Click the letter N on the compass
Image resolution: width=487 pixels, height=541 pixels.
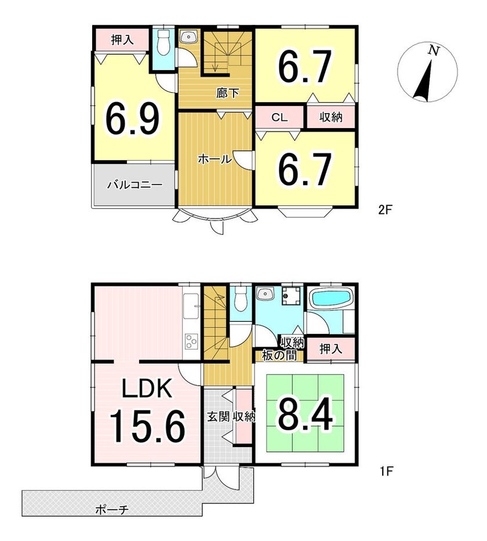click(434, 51)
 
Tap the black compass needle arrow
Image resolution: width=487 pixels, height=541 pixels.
click(424, 81)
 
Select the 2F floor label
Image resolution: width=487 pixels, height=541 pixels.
click(386, 210)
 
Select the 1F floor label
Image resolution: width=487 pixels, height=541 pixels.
click(386, 471)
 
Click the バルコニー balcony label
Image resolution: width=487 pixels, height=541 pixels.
click(135, 185)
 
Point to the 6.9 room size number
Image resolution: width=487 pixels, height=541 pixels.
click(133, 119)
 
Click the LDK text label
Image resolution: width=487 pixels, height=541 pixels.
click(147, 388)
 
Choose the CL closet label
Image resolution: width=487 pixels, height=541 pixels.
click(279, 117)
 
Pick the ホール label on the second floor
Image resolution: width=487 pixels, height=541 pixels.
click(215, 159)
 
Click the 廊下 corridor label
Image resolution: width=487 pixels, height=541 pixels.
click(227, 93)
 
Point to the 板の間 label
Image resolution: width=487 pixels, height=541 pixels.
click(279, 355)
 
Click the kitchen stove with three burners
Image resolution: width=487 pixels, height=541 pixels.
click(191, 341)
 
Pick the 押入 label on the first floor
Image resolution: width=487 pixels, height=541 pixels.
click(330, 349)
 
